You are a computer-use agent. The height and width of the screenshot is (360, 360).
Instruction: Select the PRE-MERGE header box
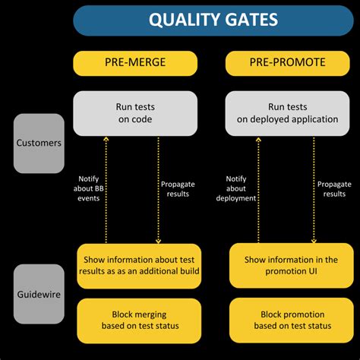[137, 63]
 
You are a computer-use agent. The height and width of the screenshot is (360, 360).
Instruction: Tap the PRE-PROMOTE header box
[289, 63]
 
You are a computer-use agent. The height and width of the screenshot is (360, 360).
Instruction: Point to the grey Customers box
[38, 143]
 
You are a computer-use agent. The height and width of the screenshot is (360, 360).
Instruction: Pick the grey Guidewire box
[38, 294]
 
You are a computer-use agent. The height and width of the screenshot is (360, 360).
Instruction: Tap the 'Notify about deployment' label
[241, 188]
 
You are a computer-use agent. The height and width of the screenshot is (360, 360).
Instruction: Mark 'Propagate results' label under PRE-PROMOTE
[334, 188]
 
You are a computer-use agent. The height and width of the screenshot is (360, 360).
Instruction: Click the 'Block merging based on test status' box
[137, 321]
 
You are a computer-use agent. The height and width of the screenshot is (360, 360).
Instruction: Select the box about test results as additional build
[137, 266]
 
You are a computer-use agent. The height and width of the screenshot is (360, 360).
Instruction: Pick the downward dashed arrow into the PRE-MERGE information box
[157, 190]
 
